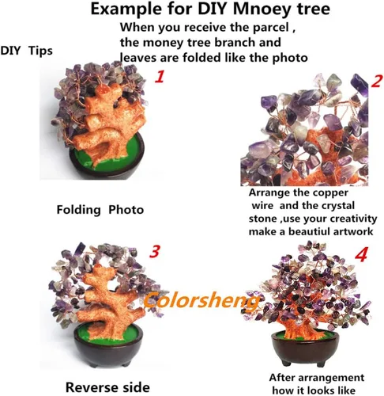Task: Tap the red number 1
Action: (x=160, y=76)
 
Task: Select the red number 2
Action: (x=377, y=82)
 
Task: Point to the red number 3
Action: (x=155, y=251)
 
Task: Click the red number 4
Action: (x=361, y=255)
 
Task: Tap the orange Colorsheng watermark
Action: (x=201, y=300)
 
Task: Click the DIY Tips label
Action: (x=26, y=51)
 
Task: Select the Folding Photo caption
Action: (x=100, y=210)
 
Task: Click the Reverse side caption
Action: (x=107, y=387)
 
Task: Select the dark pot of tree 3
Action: (x=109, y=348)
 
